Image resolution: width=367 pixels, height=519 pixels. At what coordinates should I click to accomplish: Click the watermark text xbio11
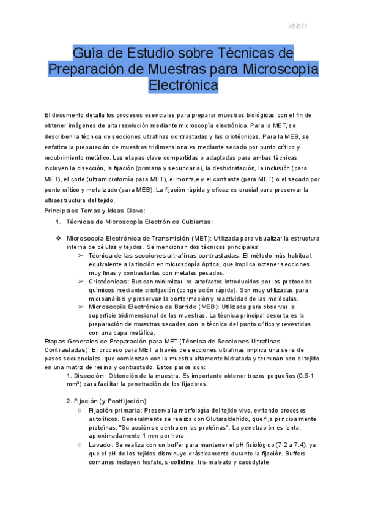click(297, 26)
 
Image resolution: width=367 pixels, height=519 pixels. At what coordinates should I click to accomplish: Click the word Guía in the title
click(87, 51)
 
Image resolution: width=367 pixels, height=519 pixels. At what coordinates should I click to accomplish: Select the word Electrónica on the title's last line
click(183, 84)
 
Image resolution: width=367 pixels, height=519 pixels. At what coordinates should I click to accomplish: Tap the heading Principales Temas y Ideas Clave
click(95, 210)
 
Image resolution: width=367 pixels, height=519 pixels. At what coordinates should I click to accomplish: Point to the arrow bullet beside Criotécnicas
click(81, 280)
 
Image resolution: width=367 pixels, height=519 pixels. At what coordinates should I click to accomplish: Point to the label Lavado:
click(102, 444)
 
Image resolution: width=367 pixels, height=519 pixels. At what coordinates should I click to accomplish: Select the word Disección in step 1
click(90, 375)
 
